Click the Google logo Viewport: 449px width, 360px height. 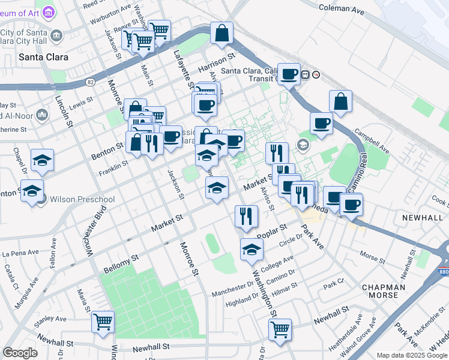click(20, 353)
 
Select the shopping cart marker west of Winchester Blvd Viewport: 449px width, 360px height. click(103, 321)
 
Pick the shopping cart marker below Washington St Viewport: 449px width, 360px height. click(280, 329)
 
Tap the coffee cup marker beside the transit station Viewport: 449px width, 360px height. click(289, 74)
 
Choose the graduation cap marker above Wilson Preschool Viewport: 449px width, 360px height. click(43, 160)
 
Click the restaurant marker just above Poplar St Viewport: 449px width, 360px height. click(246, 216)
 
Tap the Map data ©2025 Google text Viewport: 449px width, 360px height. click(411, 355)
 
